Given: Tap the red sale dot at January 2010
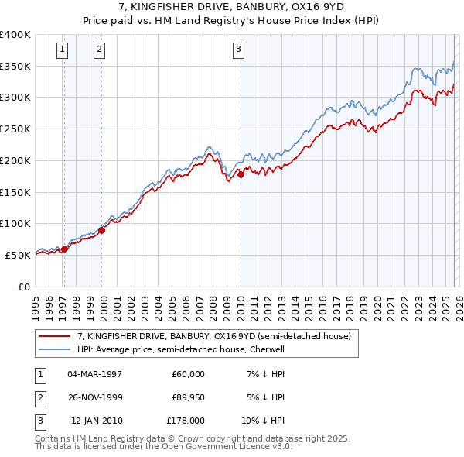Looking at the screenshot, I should pos(241,175).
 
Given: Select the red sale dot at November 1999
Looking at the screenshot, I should pos(102,230).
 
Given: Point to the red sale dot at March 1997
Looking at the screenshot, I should pos(64,249).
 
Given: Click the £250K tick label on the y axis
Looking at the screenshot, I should pos(15,129).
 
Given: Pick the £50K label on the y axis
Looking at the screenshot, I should pos(18,255).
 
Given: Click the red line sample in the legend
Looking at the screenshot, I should pos(55,337).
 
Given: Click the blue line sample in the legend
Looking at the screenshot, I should pos(55,349).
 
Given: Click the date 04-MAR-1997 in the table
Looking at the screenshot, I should pos(95,374).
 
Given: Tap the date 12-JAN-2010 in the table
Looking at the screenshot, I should pos(96,421).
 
